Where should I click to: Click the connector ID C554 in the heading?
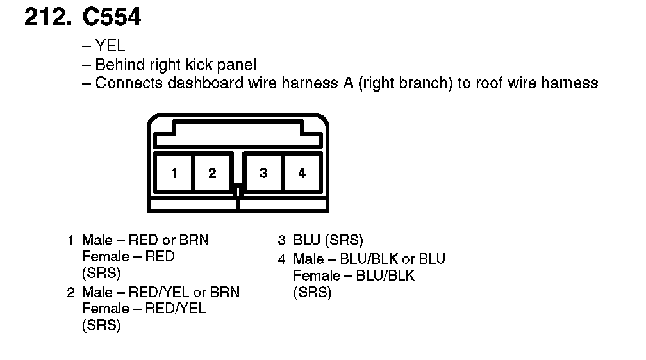tap(112, 17)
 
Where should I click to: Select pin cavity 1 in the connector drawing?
tap(174, 173)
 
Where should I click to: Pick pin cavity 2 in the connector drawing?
tap(212, 173)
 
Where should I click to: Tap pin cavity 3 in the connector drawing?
tap(263, 173)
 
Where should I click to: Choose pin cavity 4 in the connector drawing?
tap(302, 173)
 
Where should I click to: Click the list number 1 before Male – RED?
tap(70, 241)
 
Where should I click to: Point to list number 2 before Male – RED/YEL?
tap(70, 293)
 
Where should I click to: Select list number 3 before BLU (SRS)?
tap(281, 241)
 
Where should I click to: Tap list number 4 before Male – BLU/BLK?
tap(281, 259)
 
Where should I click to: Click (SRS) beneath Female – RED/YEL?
tap(101, 325)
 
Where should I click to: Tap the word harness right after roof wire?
tap(570, 83)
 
